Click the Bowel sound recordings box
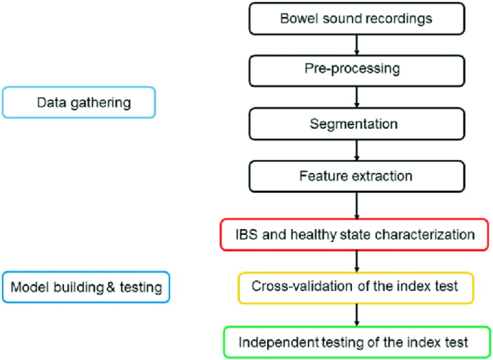tap(356, 18)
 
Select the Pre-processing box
tap(356, 71)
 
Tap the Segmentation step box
tap(356, 123)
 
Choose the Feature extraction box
tap(356, 176)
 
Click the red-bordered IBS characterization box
tap(356, 235)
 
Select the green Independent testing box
tap(356, 341)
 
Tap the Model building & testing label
tap(86, 287)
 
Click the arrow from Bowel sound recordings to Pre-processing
tap(356, 45)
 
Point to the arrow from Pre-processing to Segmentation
tap(356, 97)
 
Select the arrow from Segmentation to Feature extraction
tap(356, 150)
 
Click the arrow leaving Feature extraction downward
tap(356, 205)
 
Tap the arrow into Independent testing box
tap(356, 314)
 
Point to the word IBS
tap(247, 235)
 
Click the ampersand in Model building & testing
tap(110, 287)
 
